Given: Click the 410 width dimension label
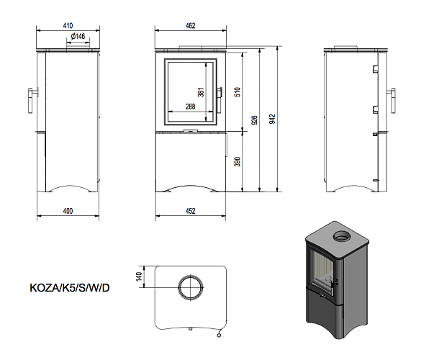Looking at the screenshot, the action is pos(68,25).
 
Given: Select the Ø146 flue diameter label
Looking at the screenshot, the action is pos(78,36).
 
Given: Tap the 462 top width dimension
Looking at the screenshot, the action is pos(191,25).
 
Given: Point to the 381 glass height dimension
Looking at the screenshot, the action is pos(201,92).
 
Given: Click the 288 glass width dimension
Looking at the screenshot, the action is pos(191,107).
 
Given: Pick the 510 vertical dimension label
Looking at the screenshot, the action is pos(237,92).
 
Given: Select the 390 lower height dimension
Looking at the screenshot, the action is pos(237,161).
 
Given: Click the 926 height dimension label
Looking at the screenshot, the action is pos(254,120).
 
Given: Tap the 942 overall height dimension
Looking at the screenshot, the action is pos(272,119).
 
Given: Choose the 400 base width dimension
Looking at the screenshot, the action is pos(68,211).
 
